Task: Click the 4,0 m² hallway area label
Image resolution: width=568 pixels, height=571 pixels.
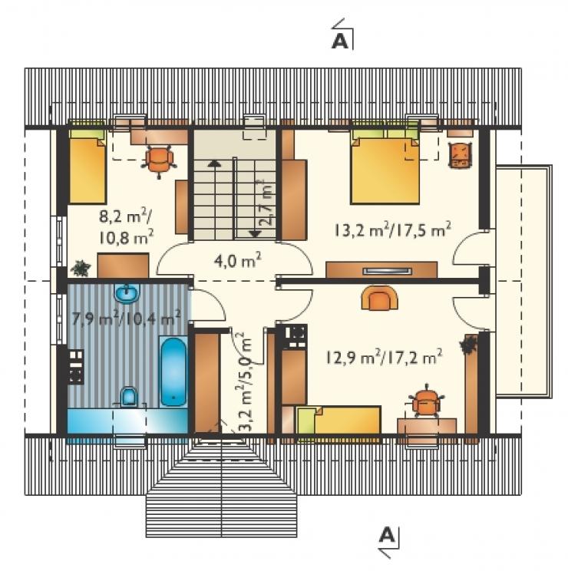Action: (x=237, y=261)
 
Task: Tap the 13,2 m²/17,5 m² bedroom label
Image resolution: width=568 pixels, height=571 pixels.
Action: (x=392, y=229)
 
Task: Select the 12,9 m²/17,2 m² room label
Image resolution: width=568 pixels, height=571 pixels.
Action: (x=384, y=357)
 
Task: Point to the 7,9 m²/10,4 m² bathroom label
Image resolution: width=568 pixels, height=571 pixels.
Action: (x=127, y=319)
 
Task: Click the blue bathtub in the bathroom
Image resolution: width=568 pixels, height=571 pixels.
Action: (x=173, y=371)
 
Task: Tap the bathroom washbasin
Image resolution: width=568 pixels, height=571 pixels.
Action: (x=127, y=292)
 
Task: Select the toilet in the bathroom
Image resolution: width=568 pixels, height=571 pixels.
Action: (x=129, y=396)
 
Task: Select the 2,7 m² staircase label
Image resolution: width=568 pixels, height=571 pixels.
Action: (x=267, y=202)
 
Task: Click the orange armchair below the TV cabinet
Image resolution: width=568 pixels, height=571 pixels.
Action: (x=379, y=297)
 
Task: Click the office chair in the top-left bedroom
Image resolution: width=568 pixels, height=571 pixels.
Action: (x=160, y=161)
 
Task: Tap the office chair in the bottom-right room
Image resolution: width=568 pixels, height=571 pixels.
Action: (x=425, y=400)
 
